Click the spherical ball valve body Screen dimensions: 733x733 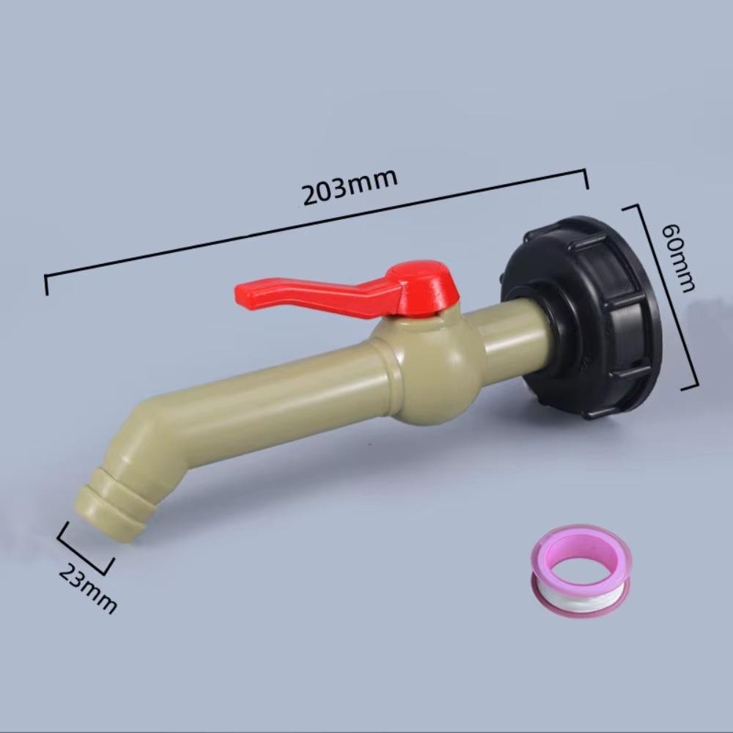click(x=430, y=369)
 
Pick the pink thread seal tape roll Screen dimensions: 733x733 click(x=581, y=570)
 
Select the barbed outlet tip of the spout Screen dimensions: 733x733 click(x=111, y=506)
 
